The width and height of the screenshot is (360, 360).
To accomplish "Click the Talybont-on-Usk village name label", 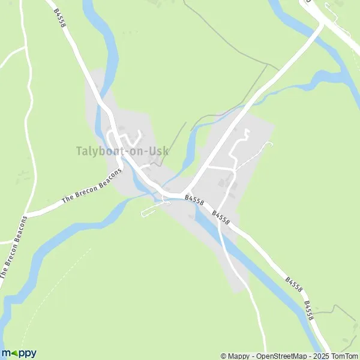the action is [122, 151].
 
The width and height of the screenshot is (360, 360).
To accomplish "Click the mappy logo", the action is [19, 353].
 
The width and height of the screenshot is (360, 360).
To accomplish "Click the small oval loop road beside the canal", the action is [152, 210].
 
